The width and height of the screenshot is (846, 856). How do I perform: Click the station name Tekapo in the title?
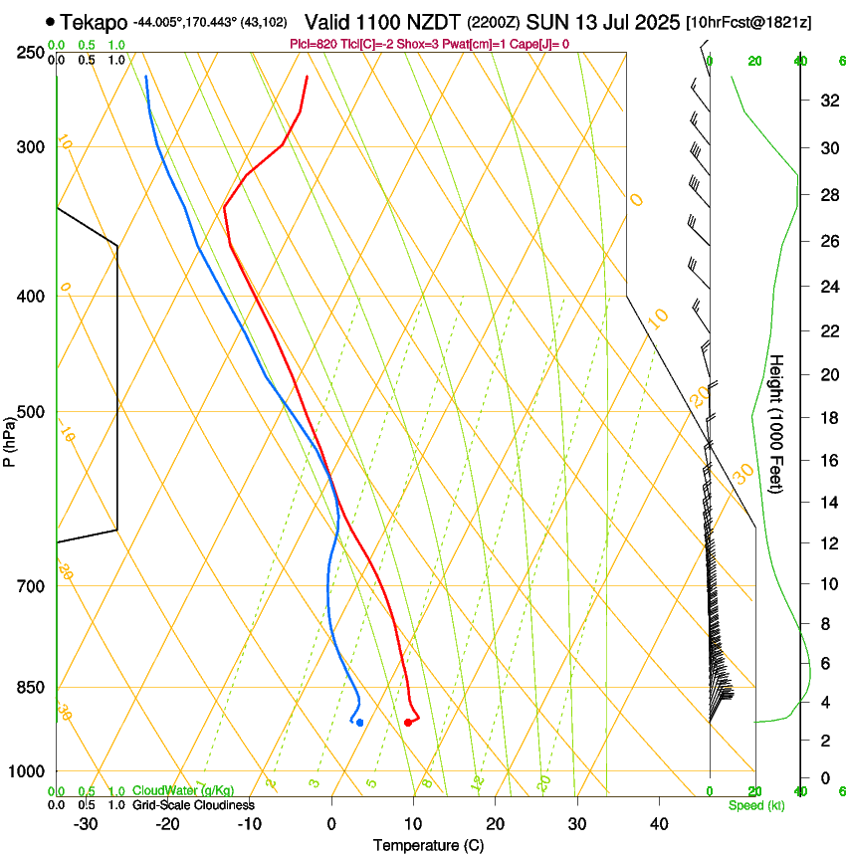[94, 21]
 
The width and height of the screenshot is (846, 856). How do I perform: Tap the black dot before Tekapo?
[50, 21]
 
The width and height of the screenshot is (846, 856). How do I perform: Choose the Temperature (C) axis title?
[429, 845]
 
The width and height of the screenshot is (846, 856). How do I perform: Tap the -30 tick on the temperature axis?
[86, 824]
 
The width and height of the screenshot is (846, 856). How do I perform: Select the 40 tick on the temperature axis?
[658, 824]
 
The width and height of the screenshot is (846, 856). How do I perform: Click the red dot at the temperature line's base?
[408, 723]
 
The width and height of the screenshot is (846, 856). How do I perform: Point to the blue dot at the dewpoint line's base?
[359, 723]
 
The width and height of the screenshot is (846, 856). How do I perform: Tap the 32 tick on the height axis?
[827, 101]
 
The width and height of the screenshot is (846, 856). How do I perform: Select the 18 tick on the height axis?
[827, 417]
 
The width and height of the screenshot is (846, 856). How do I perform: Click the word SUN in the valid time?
[544, 21]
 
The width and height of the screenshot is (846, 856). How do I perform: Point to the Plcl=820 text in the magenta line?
[312, 44]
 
